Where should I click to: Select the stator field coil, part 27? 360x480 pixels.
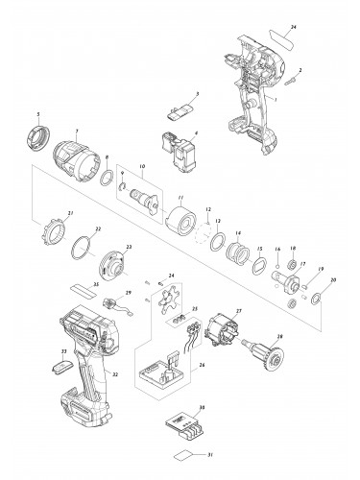pos(229,332)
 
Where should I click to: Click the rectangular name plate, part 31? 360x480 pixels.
pos(187,457)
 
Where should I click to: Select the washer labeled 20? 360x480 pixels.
pos(316,300)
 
